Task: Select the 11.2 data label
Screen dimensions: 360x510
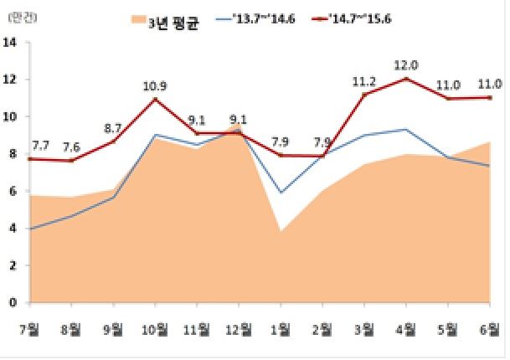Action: (x=365, y=80)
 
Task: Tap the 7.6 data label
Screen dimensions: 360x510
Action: (x=73, y=147)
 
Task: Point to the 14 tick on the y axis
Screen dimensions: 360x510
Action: (x=12, y=43)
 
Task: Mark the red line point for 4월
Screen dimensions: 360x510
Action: (x=407, y=79)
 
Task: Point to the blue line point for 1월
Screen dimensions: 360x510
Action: (x=281, y=193)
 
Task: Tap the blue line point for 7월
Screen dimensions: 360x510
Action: (x=31, y=229)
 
